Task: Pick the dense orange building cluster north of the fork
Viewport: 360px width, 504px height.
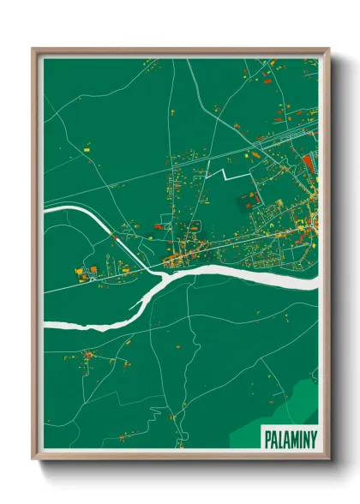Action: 184,253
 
